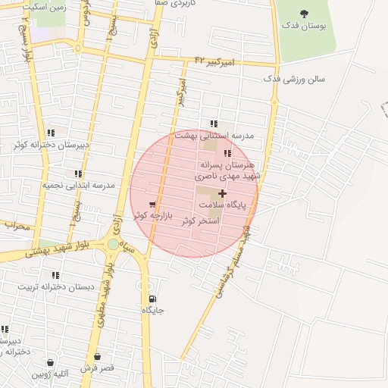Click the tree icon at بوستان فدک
pos(305,14)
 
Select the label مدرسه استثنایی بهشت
pos(214,135)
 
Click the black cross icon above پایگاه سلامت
pos(221,194)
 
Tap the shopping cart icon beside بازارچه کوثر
pos(153,205)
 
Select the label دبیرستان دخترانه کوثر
pos(51,144)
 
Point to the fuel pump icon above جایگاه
pos(153,299)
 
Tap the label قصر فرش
pos(98,368)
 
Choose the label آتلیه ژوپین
pos(50,374)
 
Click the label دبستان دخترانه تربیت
pos(55,286)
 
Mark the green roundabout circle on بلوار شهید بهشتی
pos(113,244)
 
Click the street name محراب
pos(17,225)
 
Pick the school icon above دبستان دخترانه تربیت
pos(55,275)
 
